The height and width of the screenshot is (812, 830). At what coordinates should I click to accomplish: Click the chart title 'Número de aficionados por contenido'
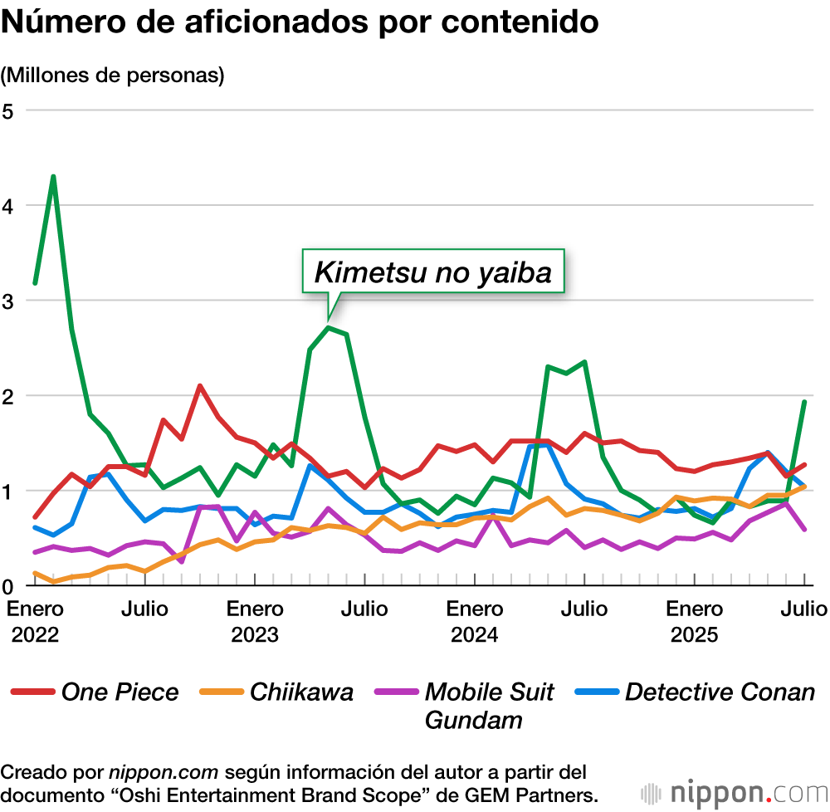(x=300, y=22)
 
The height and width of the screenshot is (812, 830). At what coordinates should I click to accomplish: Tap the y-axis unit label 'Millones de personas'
(x=113, y=75)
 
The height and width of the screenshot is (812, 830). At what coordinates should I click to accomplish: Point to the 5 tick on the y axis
(x=9, y=110)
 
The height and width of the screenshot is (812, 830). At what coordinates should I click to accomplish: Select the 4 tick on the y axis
(x=9, y=205)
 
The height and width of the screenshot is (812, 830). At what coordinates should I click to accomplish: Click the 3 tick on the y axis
(x=9, y=301)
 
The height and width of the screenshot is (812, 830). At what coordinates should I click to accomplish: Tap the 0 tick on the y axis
(x=9, y=586)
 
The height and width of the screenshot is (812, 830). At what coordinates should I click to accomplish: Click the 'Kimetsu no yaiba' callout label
(x=432, y=271)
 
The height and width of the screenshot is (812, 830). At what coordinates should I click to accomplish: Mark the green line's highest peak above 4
(x=53, y=176)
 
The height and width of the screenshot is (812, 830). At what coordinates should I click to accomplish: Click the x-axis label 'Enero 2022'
(x=35, y=621)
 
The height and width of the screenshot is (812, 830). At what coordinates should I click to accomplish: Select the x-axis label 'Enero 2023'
(x=255, y=621)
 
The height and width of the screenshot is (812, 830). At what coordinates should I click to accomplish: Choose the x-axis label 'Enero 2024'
(x=475, y=621)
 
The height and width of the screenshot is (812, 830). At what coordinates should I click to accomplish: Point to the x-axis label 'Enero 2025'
(x=695, y=621)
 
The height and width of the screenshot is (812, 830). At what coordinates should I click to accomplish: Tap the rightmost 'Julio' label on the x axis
(x=803, y=609)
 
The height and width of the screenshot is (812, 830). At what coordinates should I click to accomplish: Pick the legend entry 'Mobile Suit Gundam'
(x=489, y=705)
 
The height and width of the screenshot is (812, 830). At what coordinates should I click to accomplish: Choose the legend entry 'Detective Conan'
(x=720, y=692)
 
